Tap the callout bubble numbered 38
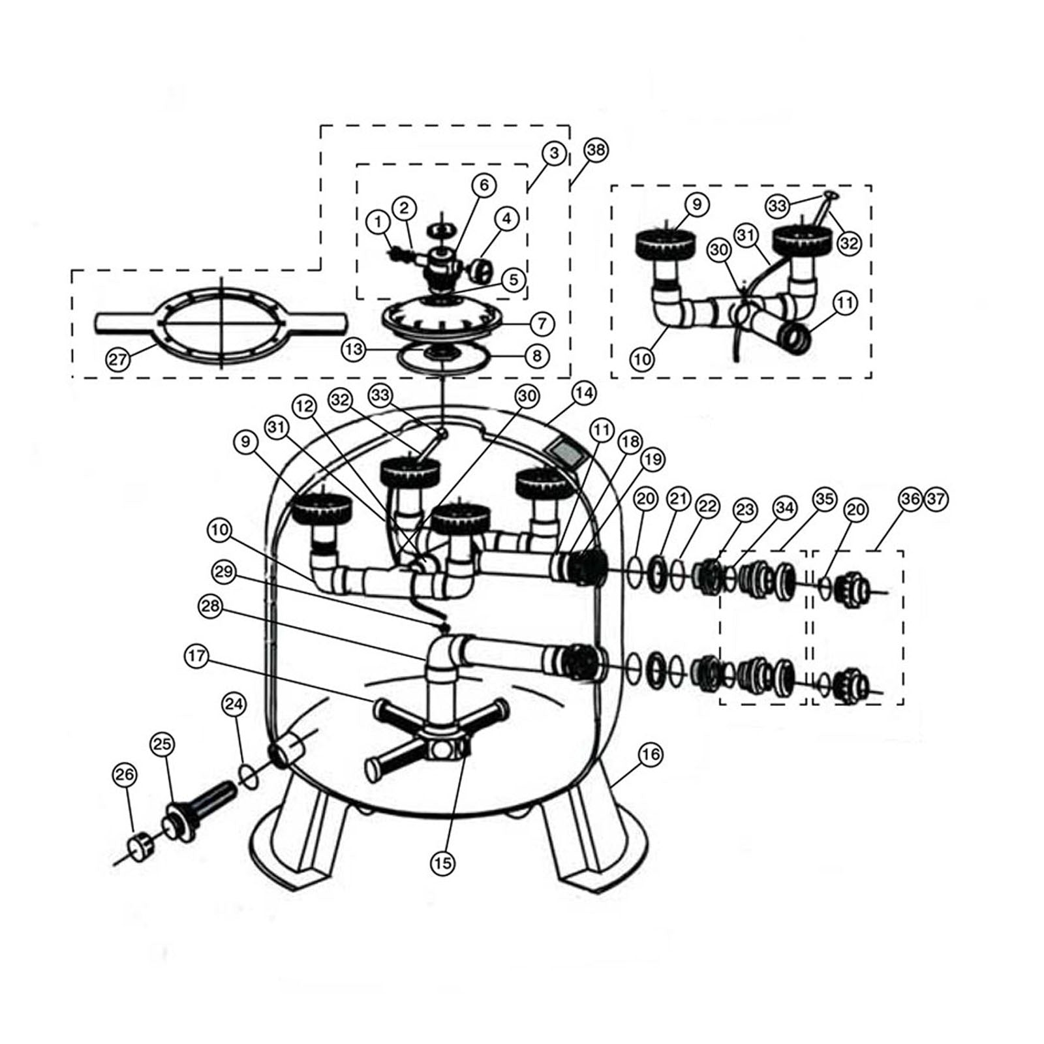(596, 150)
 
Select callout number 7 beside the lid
(542, 323)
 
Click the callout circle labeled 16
(650, 755)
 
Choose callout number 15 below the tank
(442, 863)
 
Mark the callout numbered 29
(224, 572)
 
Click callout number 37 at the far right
(935, 499)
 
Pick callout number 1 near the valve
(378, 222)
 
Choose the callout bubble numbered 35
(825, 499)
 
